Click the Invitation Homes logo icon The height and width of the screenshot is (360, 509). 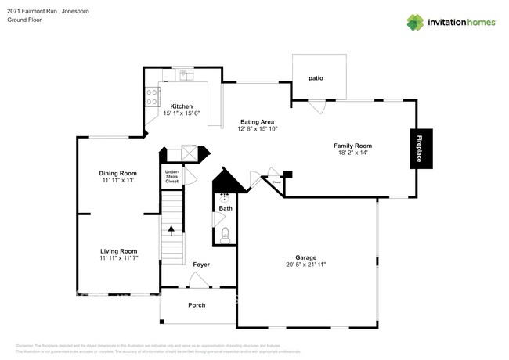point(416,22)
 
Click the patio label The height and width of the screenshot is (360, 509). point(316,78)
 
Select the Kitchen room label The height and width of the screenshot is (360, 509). point(182,106)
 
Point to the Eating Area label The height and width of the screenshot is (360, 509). point(257,121)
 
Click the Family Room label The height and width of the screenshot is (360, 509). point(352,146)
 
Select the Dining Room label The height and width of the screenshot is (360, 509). point(117,173)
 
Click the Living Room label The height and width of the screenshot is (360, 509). point(118,250)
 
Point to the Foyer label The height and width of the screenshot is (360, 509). point(201,265)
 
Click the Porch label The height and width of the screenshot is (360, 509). point(197,304)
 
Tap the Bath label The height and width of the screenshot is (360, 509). point(226,208)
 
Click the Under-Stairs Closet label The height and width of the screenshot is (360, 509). point(171,176)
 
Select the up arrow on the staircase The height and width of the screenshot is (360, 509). point(171,230)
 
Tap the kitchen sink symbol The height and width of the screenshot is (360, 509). point(185,75)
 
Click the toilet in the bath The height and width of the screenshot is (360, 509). point(225,233)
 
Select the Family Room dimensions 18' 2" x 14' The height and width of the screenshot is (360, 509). point(352,153)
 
